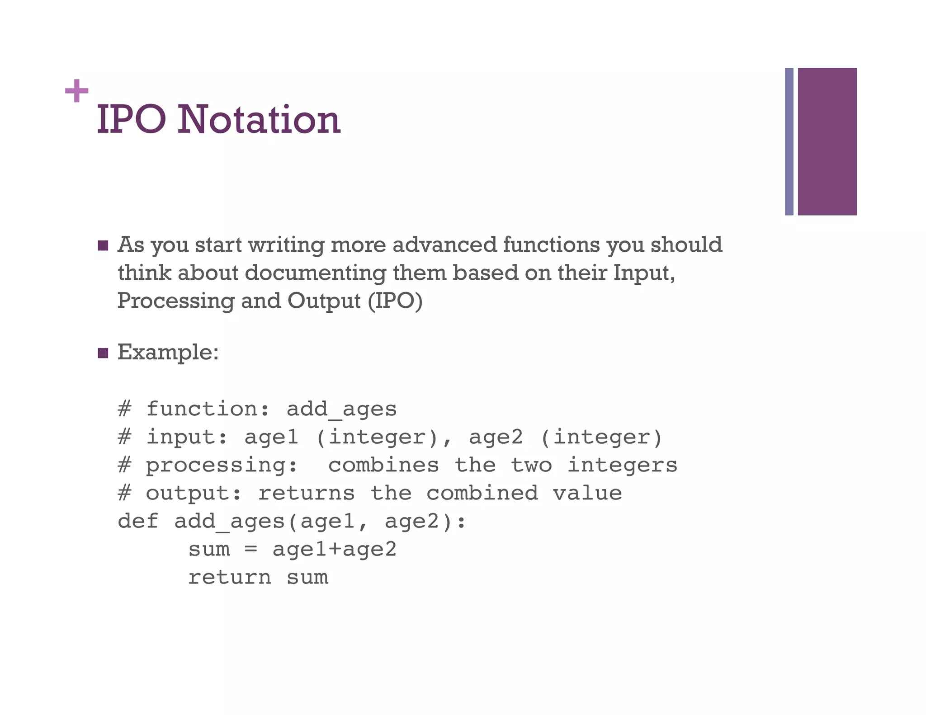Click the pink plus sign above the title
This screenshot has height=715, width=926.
tap(76, 91)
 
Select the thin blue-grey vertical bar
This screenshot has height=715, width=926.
tap(789, 141)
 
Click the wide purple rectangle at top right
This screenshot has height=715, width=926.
tap(827, 141)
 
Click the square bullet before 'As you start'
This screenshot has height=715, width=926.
tap(103, 246)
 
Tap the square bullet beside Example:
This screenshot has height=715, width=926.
tap(103, 353)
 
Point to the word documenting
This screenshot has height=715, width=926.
tap(315, 273)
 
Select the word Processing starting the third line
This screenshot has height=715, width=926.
tap(176, 301)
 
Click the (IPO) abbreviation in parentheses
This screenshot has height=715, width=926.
tap(395, 301)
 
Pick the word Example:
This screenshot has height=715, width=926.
tap(168, 352)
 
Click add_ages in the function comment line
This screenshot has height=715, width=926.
tap(341, 409)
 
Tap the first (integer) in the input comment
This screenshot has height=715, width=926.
tap(377, 437)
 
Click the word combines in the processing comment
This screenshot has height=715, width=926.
tap(383, 465)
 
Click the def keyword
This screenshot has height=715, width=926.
tap(138, 521)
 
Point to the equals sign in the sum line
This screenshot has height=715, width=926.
tap(251, 550)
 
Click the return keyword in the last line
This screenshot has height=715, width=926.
tap(230, 578)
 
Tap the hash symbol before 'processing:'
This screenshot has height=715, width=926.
tap(124, 465)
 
